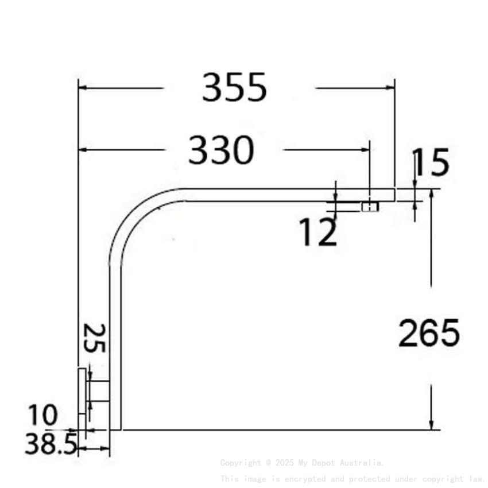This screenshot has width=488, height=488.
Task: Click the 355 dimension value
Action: pos(234,88)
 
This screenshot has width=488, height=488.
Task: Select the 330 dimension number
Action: pos(221,150)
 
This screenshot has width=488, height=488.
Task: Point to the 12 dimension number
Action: pos(317,233)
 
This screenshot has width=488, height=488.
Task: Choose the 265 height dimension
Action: pos(429,333)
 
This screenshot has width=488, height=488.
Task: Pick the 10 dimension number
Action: pos(43,415)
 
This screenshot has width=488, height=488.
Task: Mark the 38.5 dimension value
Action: pos(51,444)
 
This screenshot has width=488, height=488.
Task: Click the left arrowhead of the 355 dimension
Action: pos(82,88)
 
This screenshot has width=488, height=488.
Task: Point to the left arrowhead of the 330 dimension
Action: pos(82,150)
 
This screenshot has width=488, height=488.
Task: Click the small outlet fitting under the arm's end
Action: pos(370,206)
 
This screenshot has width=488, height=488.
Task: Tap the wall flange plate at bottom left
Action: pos(82,390)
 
